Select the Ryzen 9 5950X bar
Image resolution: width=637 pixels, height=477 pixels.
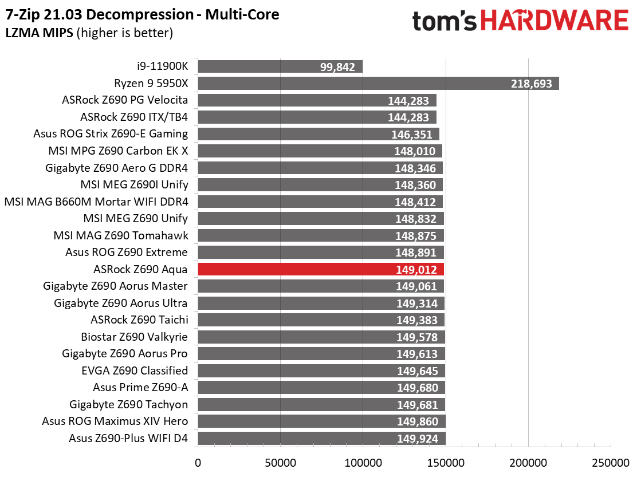pos(378,84)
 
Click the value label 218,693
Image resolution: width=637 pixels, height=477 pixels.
pos(532,84)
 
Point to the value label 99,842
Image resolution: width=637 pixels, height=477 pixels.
pos(338,66)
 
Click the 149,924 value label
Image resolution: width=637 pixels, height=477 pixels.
pos(416,439)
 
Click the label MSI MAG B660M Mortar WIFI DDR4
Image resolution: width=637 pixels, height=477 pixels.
pos(96,202)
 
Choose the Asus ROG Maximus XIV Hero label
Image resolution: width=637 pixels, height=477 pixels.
pos(115,421)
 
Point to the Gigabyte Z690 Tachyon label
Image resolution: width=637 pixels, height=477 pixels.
pos(128,404)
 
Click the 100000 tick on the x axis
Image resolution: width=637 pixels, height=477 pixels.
pos(363,462)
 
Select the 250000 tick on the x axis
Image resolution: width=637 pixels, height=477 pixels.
pos(611,462)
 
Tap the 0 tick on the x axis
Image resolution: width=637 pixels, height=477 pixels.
pos(198,462)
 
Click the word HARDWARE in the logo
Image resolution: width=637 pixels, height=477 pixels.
pos(555,21)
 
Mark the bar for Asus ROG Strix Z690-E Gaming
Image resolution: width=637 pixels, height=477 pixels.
pos(318,134)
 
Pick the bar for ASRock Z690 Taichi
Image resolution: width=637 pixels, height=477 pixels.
pos(321,320)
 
